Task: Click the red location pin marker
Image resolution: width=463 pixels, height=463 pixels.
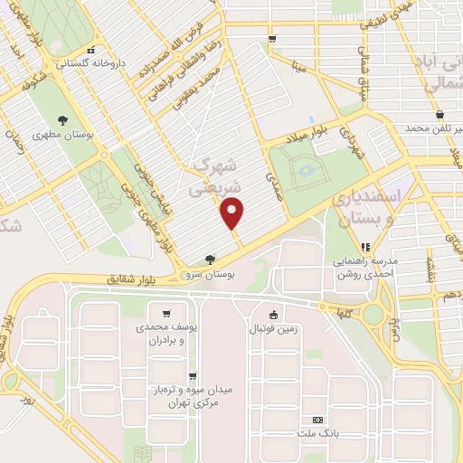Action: [233, 213]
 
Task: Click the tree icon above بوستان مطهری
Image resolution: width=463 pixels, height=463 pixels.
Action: [62, 121]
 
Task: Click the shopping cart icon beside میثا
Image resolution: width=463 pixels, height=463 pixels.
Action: [272, 38]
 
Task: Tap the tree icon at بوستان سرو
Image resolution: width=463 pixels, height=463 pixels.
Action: [210, 259]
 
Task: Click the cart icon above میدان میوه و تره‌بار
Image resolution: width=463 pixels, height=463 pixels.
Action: [193, 376]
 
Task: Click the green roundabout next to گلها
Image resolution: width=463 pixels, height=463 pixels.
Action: [372, 314]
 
